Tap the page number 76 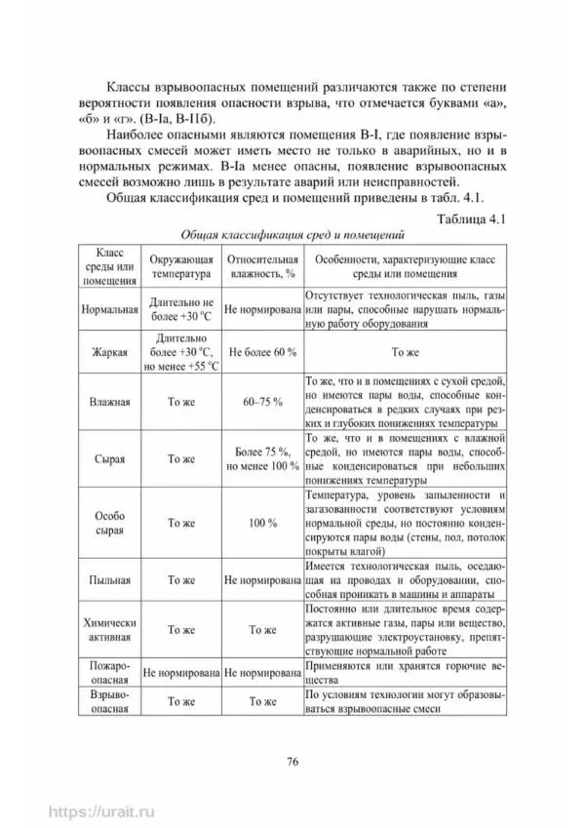pos(292,761)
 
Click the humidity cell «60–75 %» pos(261,401)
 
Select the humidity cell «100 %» pos(261,523)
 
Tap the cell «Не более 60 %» pos(261,352)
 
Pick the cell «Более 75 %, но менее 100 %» pos(261,457)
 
